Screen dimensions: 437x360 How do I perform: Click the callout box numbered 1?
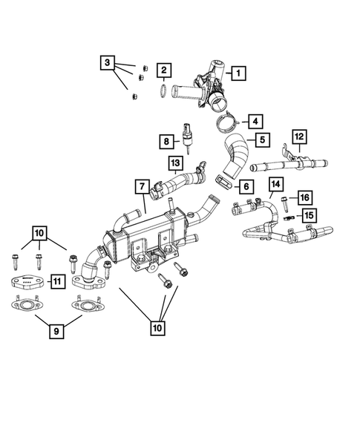[238, 73]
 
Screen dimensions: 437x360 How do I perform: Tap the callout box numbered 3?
[109, 64]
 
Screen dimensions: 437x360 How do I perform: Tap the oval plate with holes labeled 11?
[27, 280]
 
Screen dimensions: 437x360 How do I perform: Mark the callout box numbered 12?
[299, 137]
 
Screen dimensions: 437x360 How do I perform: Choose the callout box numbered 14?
[275, 184]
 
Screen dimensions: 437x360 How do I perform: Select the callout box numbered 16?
[304, 197]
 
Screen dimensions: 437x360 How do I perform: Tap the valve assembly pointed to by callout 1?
[208, 83]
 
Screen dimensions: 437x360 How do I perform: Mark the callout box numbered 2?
[164, 72]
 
